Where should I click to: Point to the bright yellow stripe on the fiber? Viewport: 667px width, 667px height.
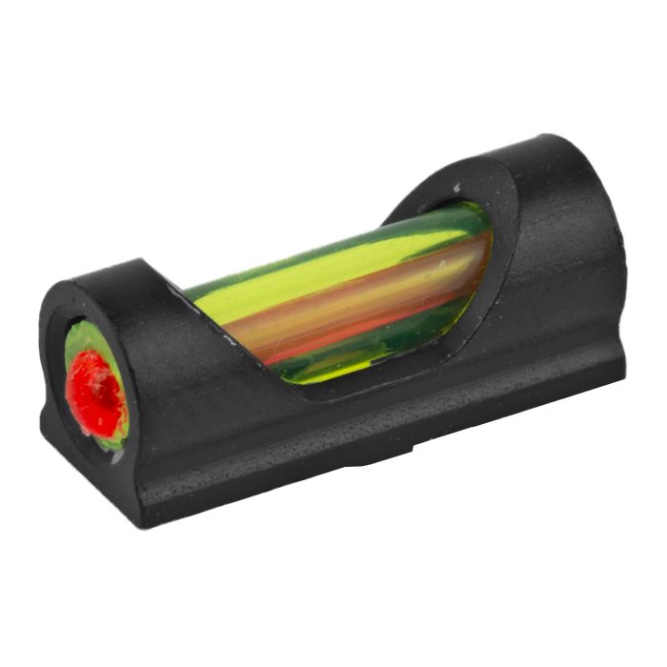point(314,273)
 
